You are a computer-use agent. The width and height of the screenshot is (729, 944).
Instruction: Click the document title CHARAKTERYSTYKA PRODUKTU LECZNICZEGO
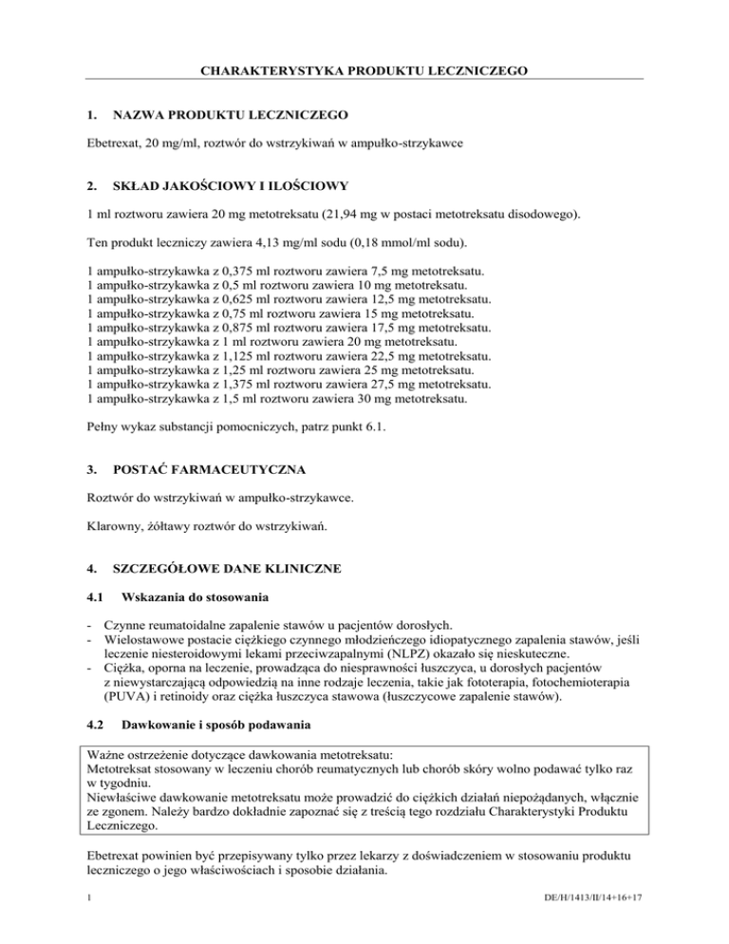point(364,70)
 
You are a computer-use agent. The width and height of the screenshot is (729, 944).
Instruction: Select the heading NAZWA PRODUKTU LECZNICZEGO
point(231,115)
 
